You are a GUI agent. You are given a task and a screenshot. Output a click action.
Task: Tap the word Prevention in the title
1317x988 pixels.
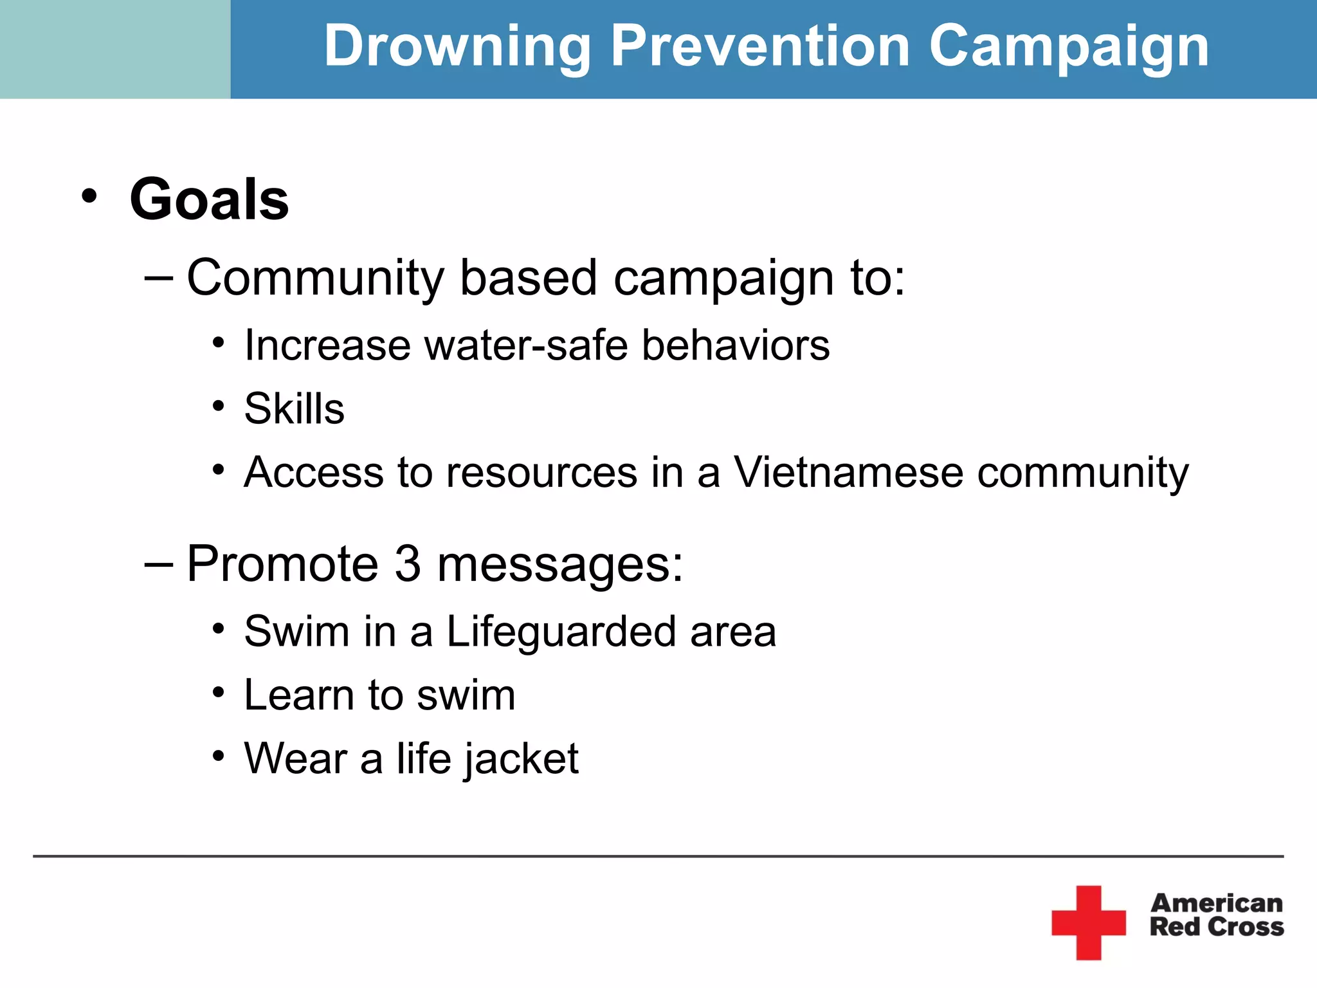click(759, 46)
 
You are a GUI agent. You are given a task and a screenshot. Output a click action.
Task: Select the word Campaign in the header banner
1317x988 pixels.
click(1069, 46)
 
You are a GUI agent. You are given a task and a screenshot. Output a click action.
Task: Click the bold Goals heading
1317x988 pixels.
click(209, 199)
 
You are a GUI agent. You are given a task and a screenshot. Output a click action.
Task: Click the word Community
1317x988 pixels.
click(315, 279)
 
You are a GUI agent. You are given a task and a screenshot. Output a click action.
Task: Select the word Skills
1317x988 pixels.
click(294, 409)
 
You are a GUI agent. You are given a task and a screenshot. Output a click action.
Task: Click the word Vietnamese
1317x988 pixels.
click(849, 473)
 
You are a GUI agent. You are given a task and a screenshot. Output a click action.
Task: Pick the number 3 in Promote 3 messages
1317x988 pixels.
click(407, 564)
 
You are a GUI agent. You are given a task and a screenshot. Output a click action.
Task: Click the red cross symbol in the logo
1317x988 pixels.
click(1088, 922)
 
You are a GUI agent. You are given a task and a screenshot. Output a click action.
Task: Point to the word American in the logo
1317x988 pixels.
click(1217, 903)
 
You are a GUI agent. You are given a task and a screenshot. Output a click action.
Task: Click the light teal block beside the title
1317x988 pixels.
click(114, 49)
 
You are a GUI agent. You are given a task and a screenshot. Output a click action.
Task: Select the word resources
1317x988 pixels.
click(541, 473)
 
